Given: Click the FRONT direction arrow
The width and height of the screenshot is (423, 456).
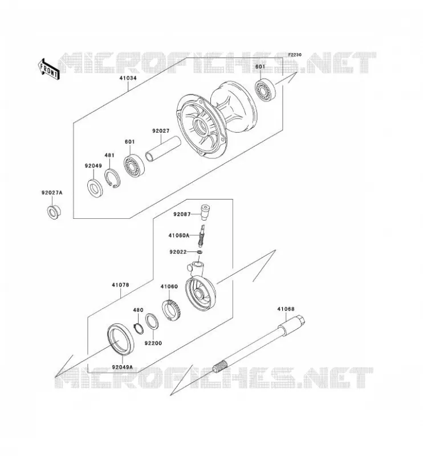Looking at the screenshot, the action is (48, 69).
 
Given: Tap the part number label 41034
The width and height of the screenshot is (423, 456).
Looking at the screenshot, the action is (128, 78).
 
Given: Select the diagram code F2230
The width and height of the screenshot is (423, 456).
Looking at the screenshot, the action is (295, 55).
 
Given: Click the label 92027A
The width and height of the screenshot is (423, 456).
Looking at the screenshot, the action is (52, 193).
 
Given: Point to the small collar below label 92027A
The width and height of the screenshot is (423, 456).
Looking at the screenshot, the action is (54, 212).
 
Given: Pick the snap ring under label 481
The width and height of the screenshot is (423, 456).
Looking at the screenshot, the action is (112, 178).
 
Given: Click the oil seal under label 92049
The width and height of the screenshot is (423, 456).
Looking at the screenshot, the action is (95, 188).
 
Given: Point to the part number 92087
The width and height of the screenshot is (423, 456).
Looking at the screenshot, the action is (182, 214).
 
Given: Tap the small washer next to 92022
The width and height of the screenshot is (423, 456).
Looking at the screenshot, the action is (200, 251).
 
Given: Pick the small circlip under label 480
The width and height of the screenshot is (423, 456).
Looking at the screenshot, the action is (139, 328).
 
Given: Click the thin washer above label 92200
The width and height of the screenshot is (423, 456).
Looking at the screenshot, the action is (152, 321).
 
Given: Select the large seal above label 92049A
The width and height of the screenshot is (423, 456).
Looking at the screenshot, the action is (121, 339).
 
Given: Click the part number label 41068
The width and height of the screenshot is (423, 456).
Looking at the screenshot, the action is (286, 309).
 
